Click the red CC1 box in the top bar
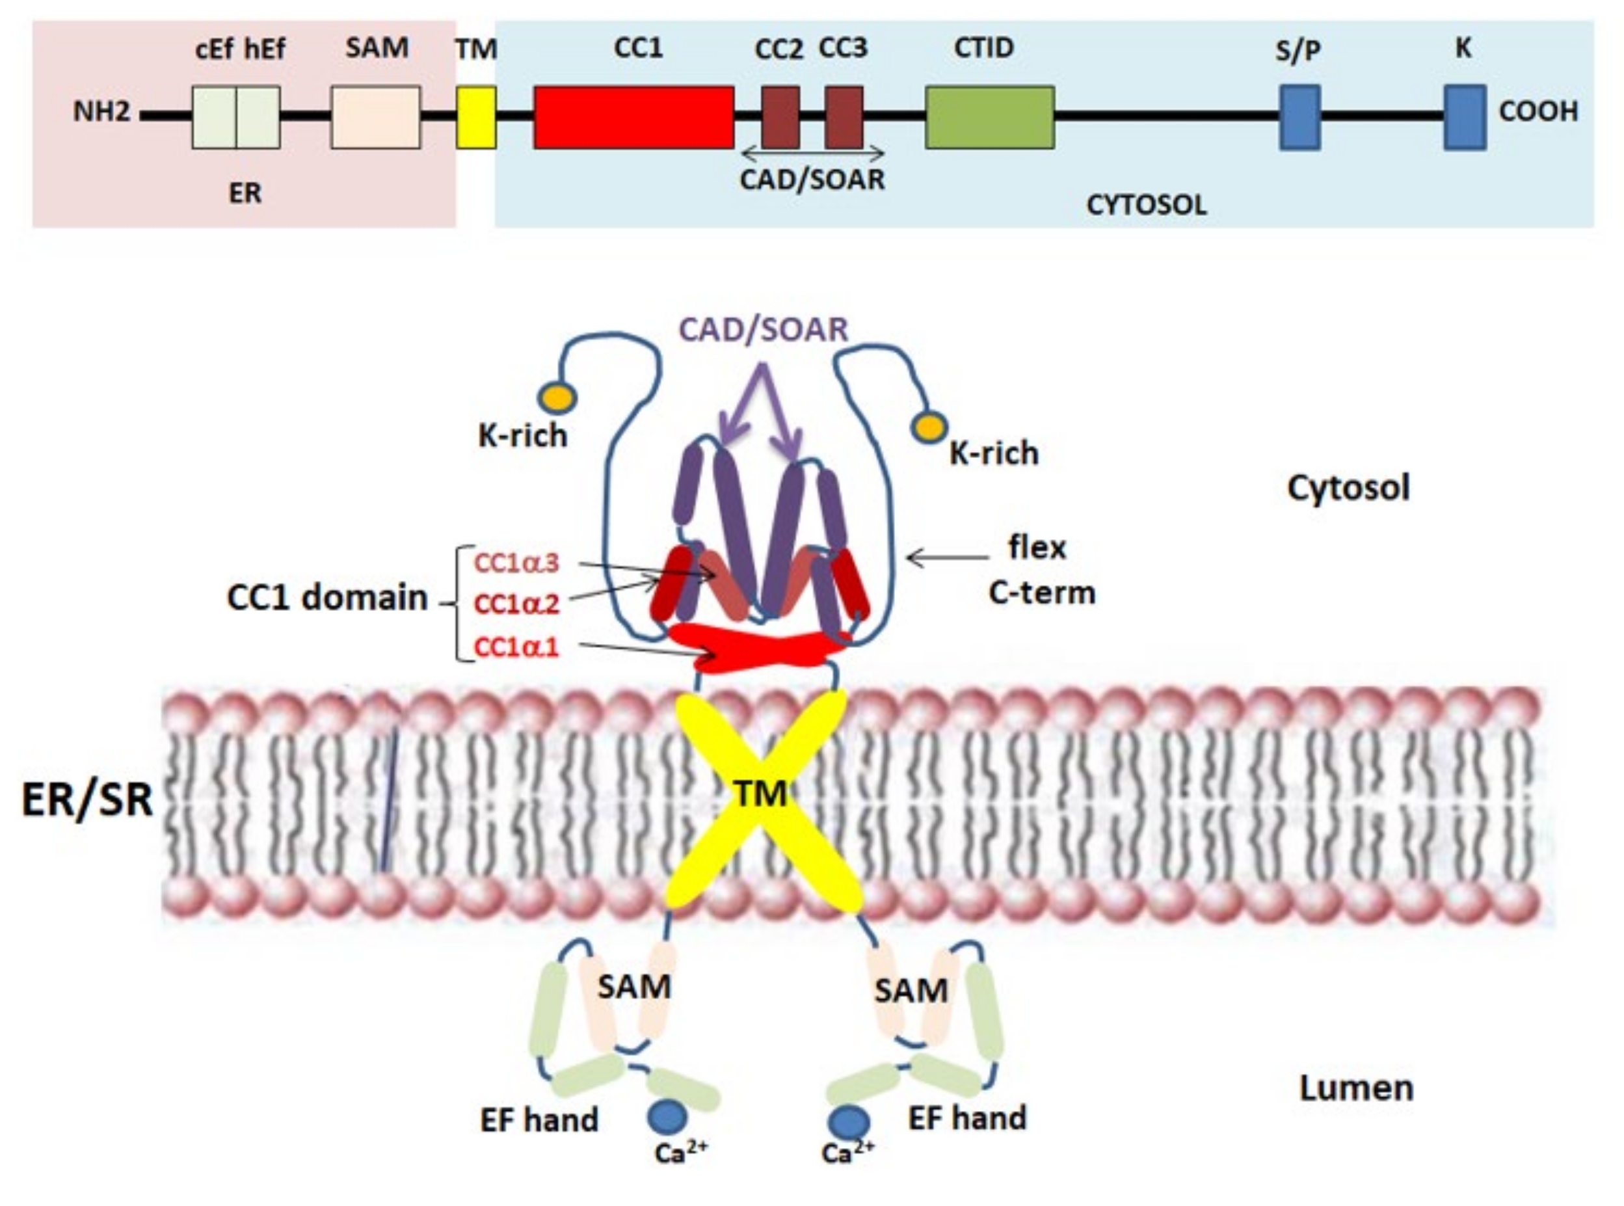(x=633, y=117)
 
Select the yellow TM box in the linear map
(x=476, y=117)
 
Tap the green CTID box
(x=989, y=117)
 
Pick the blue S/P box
(x=1300, y=117)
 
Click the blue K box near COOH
(x=1464, y=117)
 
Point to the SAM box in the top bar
(x=376, y=117)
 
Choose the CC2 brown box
(x=780, y=117)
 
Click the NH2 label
(x=101, y=112)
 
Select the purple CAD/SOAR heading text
(x=764, y=330)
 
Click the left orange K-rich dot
(x=557, y=398)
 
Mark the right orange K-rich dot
(x=930, y=428)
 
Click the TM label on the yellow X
(x=760, y=794)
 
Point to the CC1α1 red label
(x=516, y=647)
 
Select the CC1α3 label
(x=516, y=563)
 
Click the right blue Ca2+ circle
(x=848, y=1122)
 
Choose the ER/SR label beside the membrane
(x=88, y=799)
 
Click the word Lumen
(x=1356, y=1088)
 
